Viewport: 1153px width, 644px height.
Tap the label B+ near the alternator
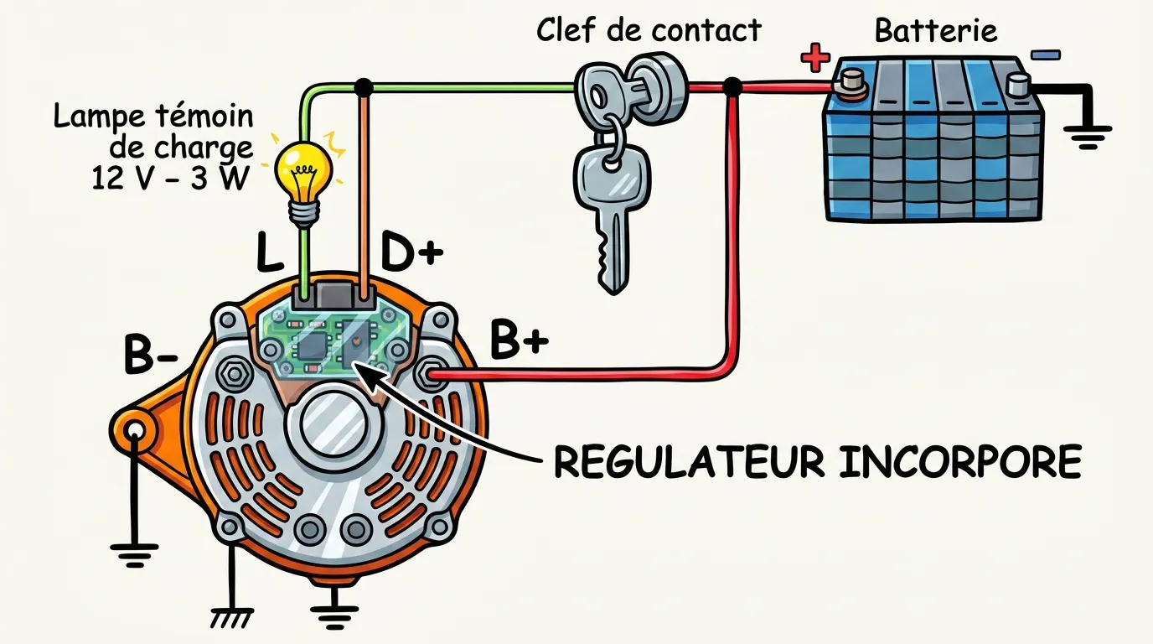pos(519,340)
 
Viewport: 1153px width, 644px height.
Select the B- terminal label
pos(150,356)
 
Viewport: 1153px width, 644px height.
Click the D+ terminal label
pos(411,251)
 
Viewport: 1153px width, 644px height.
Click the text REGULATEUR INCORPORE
pos(817,461)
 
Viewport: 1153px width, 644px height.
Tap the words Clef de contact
pos(649,30)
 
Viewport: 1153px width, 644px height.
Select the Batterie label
pos(936,31)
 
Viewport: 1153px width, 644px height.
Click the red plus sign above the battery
pos(814,57)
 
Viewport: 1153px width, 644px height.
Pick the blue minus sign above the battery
pos(1045,55)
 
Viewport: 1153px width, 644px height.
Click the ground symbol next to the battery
pos(1088,134)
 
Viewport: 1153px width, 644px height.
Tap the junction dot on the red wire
pos(732,86)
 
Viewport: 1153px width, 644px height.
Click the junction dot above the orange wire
pos(364,86)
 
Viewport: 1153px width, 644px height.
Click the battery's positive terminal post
pos(852,82)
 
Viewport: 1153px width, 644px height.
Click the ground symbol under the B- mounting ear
pos(135,553)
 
